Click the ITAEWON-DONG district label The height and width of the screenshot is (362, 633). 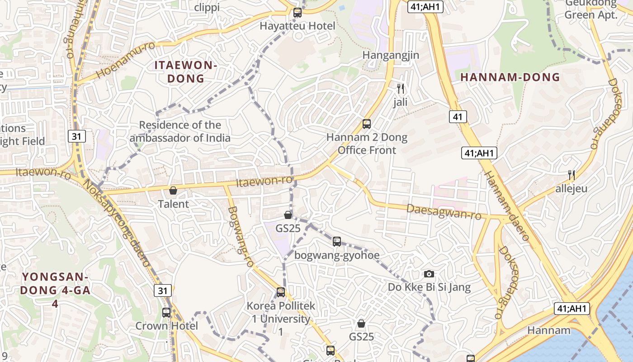coord(186,71)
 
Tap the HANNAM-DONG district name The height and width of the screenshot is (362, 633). coord(510,77)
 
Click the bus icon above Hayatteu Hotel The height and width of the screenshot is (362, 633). coord(297,13)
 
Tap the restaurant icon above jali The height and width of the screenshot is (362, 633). coord(400,88)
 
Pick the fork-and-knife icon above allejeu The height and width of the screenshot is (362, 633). coord(572,175)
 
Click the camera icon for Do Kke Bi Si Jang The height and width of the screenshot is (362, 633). coord(429,274)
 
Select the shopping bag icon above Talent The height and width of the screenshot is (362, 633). coord(173,191)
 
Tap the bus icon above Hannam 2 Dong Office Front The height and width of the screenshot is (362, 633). coord(367,124)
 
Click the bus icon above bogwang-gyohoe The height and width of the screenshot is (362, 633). coord(337,242)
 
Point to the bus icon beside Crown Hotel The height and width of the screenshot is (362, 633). coord(166,312)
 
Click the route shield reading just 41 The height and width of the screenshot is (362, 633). coord(458,117)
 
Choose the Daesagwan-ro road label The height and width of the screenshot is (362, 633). coord(444,212)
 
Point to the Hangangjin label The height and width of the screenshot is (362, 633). coord(391,55)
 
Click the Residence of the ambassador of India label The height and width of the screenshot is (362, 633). coord(180,131)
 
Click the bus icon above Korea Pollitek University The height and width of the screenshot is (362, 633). coord(281,292)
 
